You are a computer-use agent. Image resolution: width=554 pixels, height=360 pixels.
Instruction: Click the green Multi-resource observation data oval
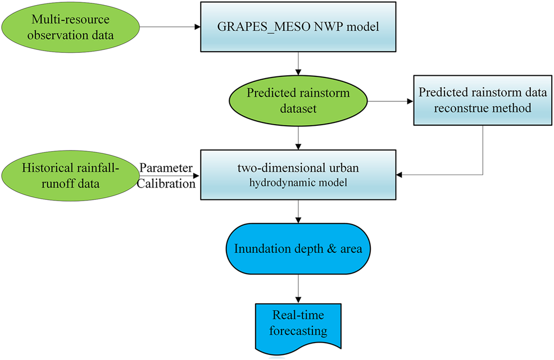coord(70,27)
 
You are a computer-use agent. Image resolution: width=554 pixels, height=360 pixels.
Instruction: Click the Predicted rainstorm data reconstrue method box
coord(483,101)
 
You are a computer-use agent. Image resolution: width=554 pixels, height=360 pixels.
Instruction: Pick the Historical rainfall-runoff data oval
coord(70,176)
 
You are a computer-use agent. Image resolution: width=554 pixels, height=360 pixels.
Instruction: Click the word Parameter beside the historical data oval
coord(166,168)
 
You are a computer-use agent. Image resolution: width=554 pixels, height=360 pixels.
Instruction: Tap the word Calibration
coord(167,183)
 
